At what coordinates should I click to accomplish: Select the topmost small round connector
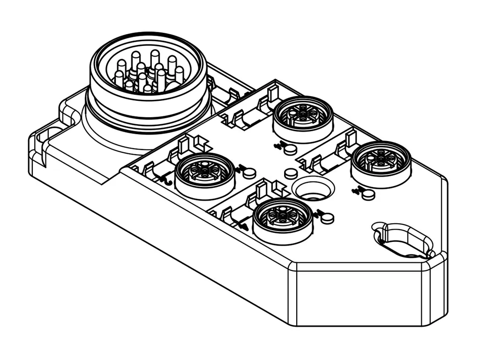pos(303,118)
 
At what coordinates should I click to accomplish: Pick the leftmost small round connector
pos(204,175)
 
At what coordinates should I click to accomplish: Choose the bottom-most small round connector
pos(283,219)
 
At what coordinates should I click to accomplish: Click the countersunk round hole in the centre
pos(313,190)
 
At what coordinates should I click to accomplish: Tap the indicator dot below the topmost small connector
pos(291,149)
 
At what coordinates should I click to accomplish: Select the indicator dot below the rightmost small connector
pos(369,194)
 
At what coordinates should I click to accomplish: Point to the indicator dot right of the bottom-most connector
pos(328,217)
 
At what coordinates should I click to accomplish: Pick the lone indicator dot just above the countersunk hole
pos(291,174)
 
